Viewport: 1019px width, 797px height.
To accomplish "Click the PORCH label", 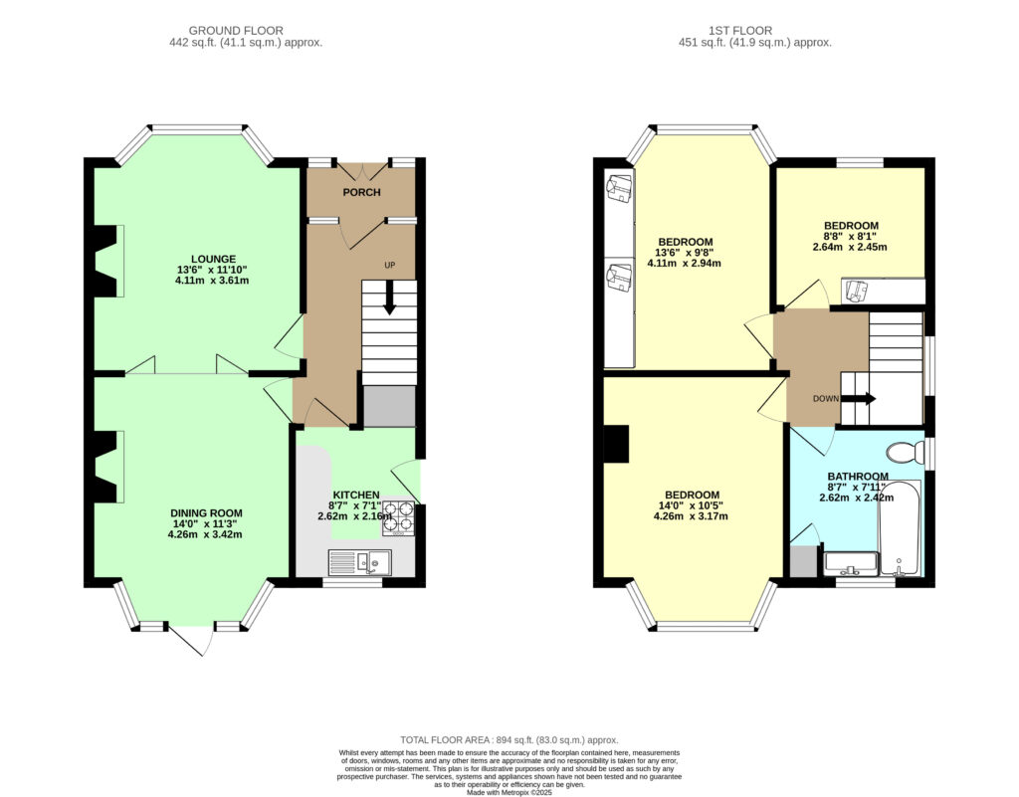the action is point(361,192).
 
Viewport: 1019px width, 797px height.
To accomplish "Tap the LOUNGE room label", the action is point(213,259).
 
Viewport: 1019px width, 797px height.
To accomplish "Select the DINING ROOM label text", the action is point(206,512).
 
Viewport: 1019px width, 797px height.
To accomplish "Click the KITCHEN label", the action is point(356,495).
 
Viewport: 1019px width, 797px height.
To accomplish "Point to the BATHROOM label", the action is point(858,477).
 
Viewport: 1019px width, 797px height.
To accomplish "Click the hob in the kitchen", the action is point(398,517).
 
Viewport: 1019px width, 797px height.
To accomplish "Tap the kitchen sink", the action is point(360,562).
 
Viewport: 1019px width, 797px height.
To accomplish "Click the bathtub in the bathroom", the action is point(900,528).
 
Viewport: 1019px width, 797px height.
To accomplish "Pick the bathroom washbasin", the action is point(850,564).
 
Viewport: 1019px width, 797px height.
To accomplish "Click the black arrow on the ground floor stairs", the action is point(389,298).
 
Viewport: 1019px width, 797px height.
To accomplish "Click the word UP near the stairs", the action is point(389,265).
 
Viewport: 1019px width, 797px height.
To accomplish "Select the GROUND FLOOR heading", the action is point(236,31).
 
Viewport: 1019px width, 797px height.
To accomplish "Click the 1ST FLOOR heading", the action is point(740,31).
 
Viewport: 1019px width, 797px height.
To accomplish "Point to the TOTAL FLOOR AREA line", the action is point(509,740).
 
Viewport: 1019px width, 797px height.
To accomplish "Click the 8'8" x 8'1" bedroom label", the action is point(850,237).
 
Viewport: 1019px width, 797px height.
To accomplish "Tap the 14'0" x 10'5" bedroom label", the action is point(691,505).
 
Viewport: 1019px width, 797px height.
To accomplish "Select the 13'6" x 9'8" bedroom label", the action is point(685,253).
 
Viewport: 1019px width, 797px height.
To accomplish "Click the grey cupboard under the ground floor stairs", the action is point(389,407).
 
